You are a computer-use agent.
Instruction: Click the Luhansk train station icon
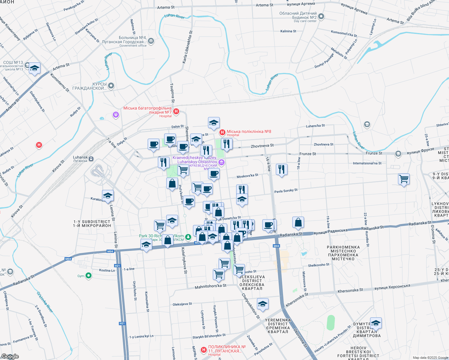91,159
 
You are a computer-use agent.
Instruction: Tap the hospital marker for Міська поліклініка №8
222,132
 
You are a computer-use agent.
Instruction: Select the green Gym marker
88,276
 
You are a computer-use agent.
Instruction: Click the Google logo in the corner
10,356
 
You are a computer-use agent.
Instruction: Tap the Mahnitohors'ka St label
210,287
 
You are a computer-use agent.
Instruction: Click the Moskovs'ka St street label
247,176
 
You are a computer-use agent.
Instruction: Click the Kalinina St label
288,31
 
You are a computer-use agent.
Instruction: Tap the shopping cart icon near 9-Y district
404,179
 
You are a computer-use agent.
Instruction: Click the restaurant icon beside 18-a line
281,169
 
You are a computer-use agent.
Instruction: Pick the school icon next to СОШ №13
35,68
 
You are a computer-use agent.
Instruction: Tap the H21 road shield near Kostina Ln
117,266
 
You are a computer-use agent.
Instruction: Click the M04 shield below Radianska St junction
276,246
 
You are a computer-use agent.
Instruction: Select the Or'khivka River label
45,302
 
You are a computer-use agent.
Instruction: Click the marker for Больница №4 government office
151,41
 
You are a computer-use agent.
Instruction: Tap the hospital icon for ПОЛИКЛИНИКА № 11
204,350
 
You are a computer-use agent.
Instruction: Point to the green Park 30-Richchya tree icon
188,237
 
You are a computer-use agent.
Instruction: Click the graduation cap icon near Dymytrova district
375,323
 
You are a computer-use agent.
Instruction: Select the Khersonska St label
350,290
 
